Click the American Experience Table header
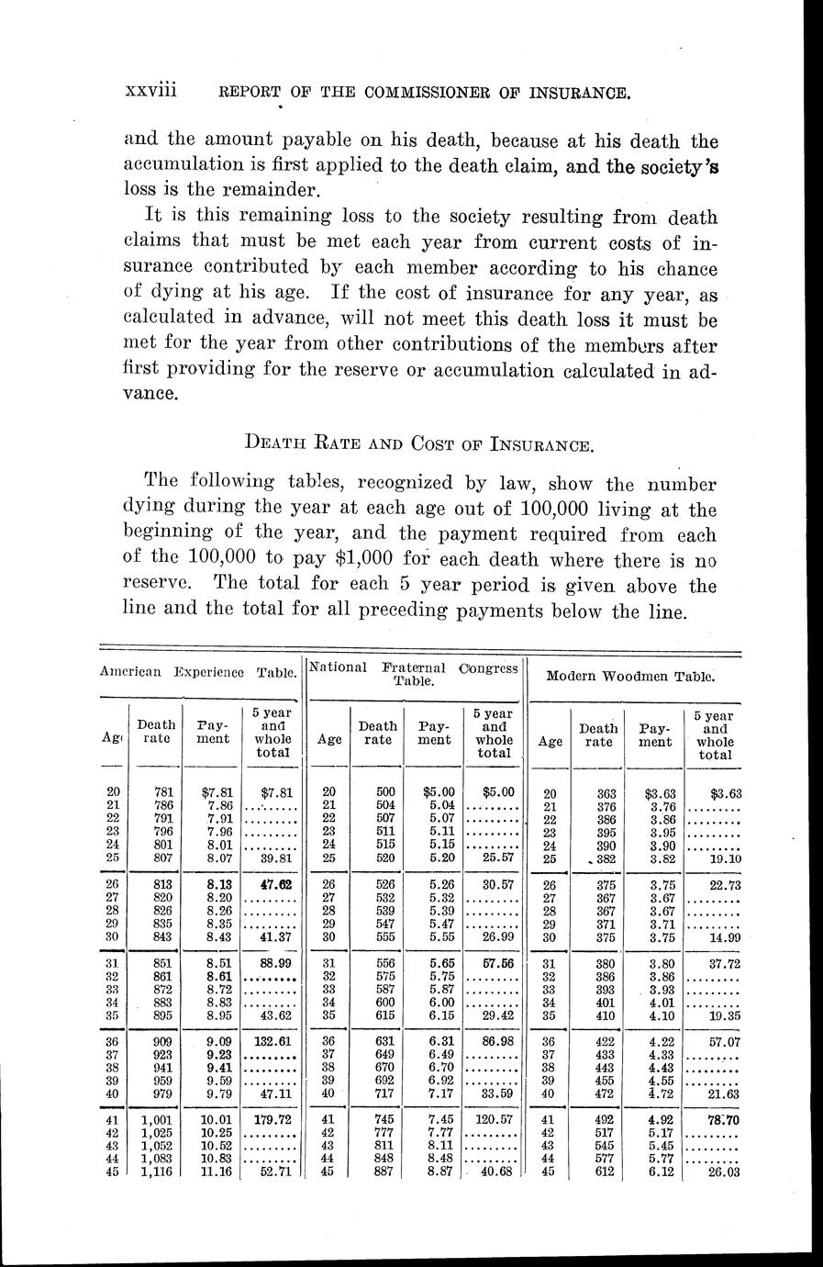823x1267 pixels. (x=200, y=672)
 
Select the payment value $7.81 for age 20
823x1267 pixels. (x=213, y=791)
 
